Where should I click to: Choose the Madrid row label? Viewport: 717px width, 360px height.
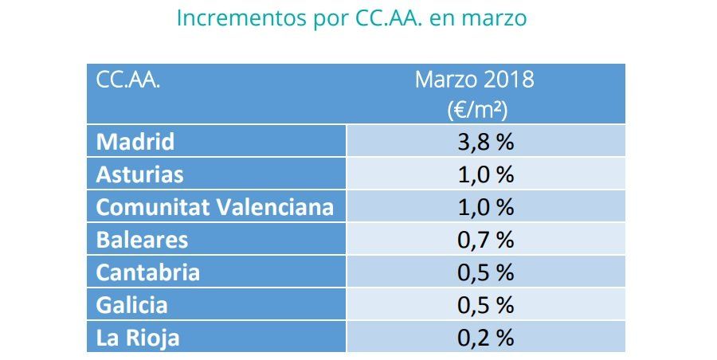pyautogui.click(x=135, y=142)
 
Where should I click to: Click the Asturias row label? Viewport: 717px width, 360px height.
pyautogui.click(x=139, y=174)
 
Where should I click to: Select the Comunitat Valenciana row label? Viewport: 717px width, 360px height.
pyautogui.click(x=214, y=207)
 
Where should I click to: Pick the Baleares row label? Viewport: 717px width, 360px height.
pyautogui.click(x=141, y=240)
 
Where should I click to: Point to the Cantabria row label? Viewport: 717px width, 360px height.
pyautogui.click(x=147, y=272)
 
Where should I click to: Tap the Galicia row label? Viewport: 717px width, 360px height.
pyautogui.click(x=133, y=305)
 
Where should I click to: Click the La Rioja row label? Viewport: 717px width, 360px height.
pyautogui.click(x=137, y=338)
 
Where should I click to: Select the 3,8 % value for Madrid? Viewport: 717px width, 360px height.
pyautogui.click(x=485, y=142)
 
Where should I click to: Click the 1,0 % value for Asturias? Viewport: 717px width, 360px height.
pyautogui.click(x=485, y=174)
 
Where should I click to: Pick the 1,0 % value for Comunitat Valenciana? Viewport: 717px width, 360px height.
pyautogui.click(x=485, y=207)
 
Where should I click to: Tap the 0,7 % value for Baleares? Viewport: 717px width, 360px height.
pyautogui.click(x=485, y=240)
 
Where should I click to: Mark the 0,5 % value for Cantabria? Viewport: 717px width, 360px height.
pyautogui.click(x=485, y=272)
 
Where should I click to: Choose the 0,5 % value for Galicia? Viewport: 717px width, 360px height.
pyautogui.click(x=485, y=305)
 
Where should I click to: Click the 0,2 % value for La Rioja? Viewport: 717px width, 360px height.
pyautogui.click(x=485, y=338)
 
